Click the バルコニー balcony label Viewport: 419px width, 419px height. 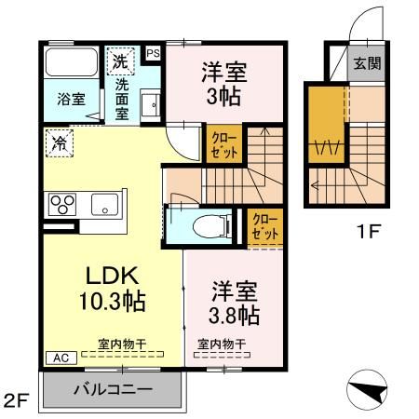click(113, 389)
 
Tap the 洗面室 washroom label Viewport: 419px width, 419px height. click(122, 91)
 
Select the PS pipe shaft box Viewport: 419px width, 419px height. click(154, 54)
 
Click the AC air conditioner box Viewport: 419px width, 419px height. click(56, 357)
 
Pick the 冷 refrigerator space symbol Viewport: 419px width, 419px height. click(58, 143)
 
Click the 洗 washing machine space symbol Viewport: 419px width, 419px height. click(119, 61)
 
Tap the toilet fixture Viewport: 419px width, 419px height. click(198, 224)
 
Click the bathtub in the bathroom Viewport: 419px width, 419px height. click(71, 62)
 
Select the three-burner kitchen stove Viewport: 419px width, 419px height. click(61, 203)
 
